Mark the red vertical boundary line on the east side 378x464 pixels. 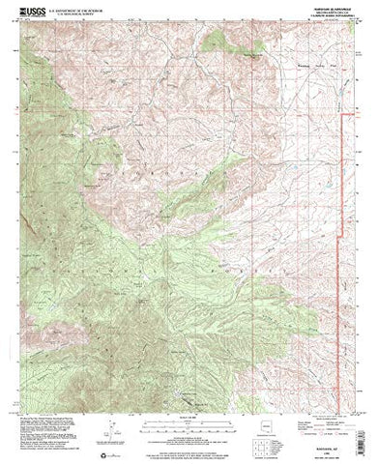(x=345, y=213)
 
